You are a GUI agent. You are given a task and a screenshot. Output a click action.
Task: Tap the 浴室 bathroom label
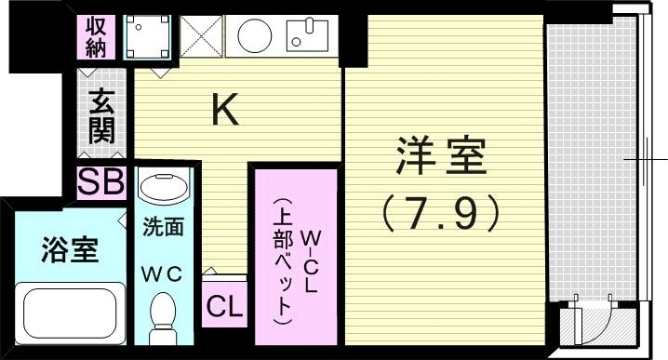coord(70,249)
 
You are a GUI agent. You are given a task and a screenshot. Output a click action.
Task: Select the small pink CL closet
coord(224,304)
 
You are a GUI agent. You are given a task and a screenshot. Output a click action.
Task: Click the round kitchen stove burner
coord(252,37)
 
